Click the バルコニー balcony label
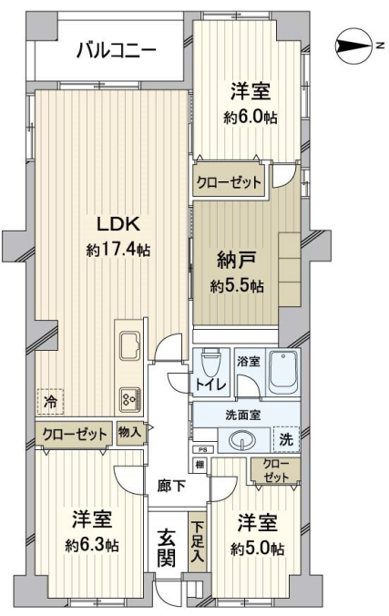click(x=117, y=50)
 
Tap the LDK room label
click(x=118, y=225)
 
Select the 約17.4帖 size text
click(x=118, y=249)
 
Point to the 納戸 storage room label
click(x=237, y=261)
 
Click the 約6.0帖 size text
click(x=251, y=117)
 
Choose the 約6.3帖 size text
click(x=92, y=545)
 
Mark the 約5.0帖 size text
click(x=258, y=549)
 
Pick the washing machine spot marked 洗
click(x=286, y=439)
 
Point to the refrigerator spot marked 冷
click(x=51, y=402)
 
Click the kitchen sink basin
click(x=130, y=345)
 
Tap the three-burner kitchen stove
click(x=130, y=399)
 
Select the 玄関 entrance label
click(x=167, y=548)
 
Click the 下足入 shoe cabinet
click(x=198, y=542)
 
